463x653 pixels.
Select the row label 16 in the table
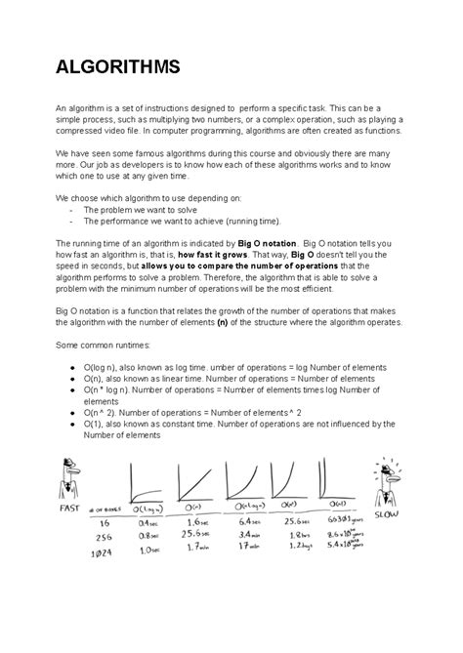[104, 525]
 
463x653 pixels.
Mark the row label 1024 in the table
[104, 551]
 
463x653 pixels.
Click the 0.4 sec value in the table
[149, 524]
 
